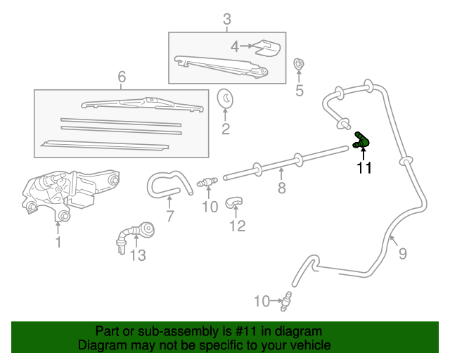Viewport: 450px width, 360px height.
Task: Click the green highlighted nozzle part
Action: (x=363, y=140)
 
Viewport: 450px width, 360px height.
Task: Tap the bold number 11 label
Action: (x=364, y=167)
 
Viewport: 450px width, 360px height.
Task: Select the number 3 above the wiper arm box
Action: (x=226, y=19)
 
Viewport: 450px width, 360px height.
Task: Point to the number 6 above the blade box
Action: (x=122, y=77)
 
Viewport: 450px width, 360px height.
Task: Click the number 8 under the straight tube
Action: (x=281, y=188)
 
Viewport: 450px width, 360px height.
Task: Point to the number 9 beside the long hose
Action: (x=402, y=253)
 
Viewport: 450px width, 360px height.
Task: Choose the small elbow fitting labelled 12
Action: (x=234, y=203)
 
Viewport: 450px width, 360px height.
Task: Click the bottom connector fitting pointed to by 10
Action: (x=286, y=300)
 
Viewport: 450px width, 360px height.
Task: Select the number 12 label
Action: (x=238, y=226)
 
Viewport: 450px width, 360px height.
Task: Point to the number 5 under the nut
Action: (x=299, y=90)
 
